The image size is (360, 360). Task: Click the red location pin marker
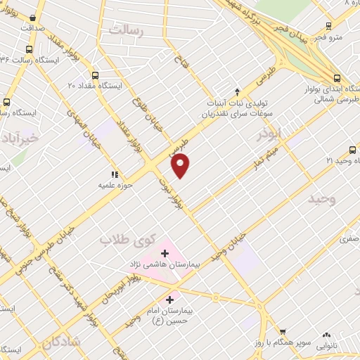[181, 165]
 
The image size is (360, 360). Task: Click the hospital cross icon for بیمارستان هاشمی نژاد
[165, 252]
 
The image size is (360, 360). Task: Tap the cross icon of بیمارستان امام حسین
[170, 299]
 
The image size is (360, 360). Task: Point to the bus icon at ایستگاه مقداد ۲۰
[96, 75]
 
